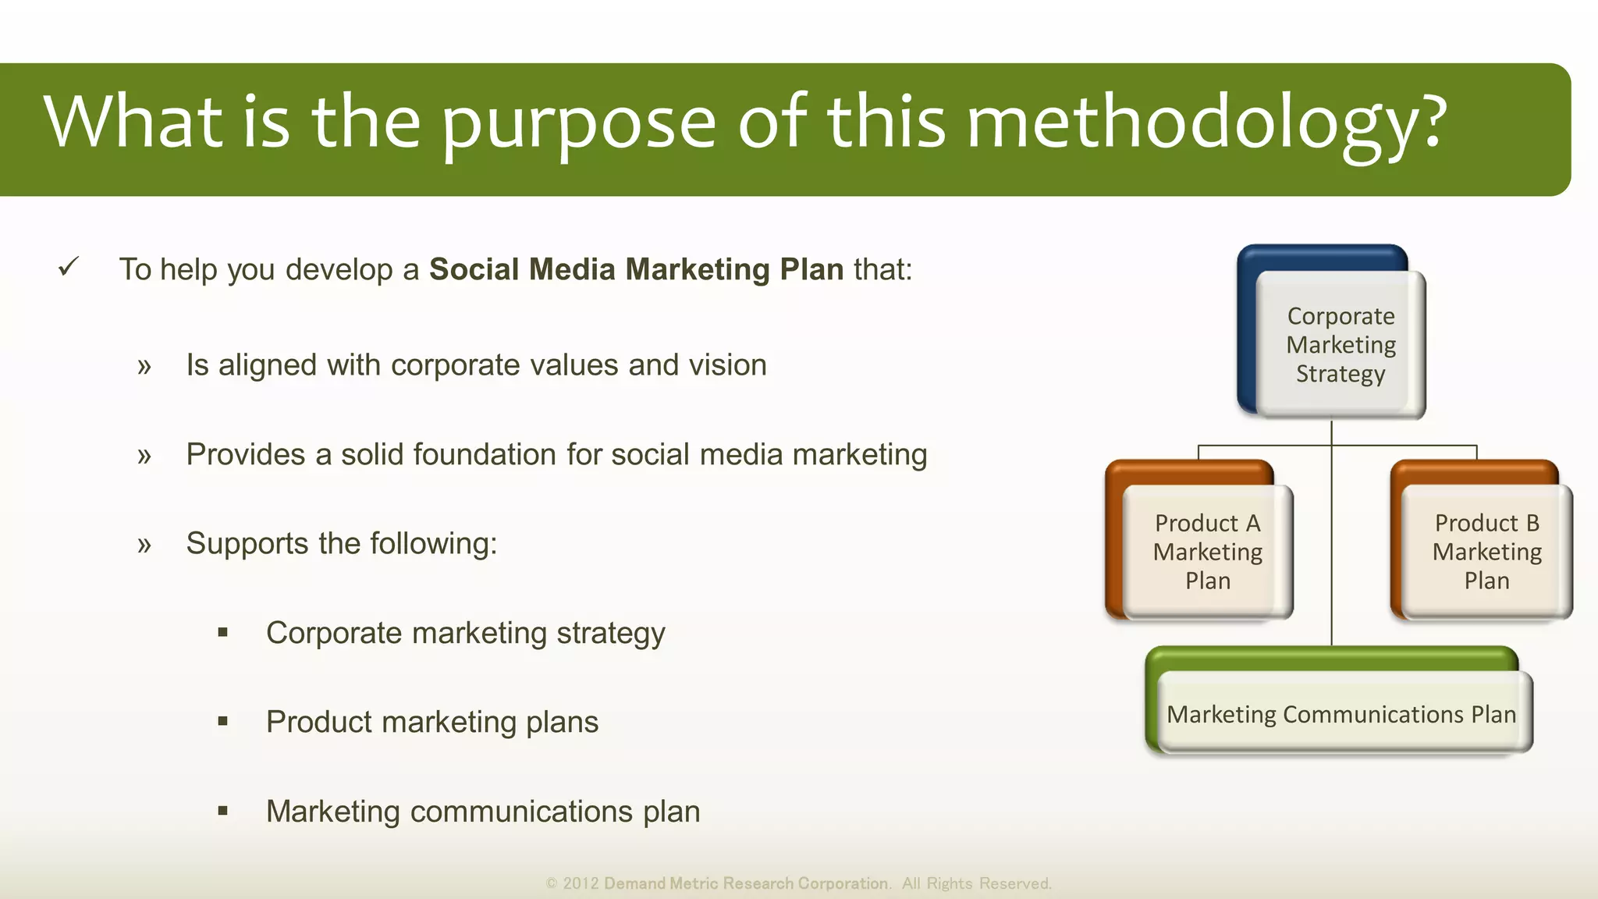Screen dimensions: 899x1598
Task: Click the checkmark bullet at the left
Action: tap(69, 268)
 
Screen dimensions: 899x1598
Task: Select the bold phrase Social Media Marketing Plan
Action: tap(636, 269)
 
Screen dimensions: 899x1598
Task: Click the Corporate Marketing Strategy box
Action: tap(1341, 345)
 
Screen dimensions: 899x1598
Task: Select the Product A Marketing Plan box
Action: tap(1207, 552)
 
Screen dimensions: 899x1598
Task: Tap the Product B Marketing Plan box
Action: tap(1486, 552)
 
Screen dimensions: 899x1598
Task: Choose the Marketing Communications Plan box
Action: tap(1341, 714)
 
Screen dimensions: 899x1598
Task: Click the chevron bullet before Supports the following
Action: tap(144, 545)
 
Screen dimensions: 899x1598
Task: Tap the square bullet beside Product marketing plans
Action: tap(223, 722)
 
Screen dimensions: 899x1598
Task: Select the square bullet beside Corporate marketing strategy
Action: tap(223, 633)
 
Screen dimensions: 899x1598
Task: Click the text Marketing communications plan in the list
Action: tap(482, 812)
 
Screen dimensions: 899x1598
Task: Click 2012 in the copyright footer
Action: tap(581, 883)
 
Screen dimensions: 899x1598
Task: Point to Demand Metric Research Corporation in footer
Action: tap(746, 883)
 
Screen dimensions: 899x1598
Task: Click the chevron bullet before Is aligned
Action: tap(144, 366)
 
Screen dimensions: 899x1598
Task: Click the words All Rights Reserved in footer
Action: tap(976, 883)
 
